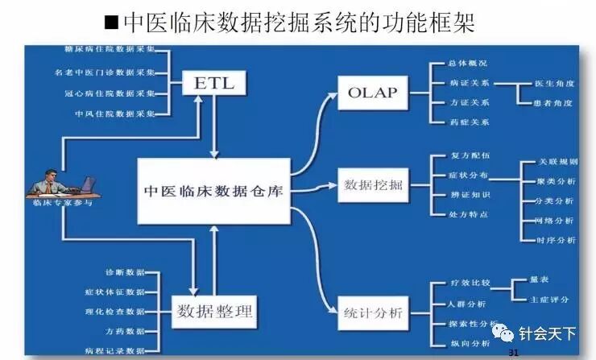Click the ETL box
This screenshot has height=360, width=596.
point(213,83)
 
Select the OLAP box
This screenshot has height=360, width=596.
point(373,91)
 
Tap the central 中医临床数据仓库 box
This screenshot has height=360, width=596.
point(213,191)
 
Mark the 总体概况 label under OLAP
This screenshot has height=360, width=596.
point(470,63)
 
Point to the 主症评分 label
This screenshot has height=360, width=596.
point(549,299)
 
